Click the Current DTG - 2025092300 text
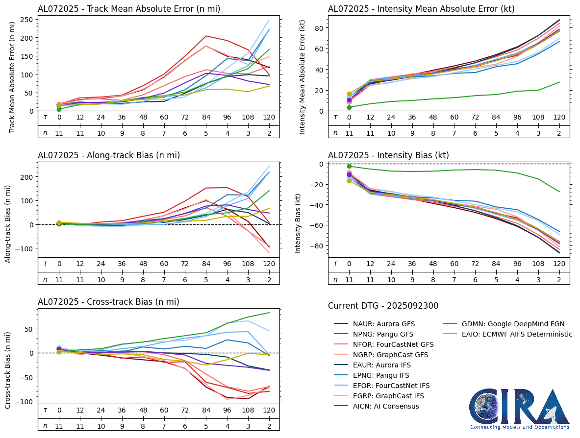383,306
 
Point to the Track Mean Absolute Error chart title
129,8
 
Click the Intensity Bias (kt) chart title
388,155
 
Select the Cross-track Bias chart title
108,302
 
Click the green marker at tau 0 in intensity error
349,107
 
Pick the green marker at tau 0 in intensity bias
349,167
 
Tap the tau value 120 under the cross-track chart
269,410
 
